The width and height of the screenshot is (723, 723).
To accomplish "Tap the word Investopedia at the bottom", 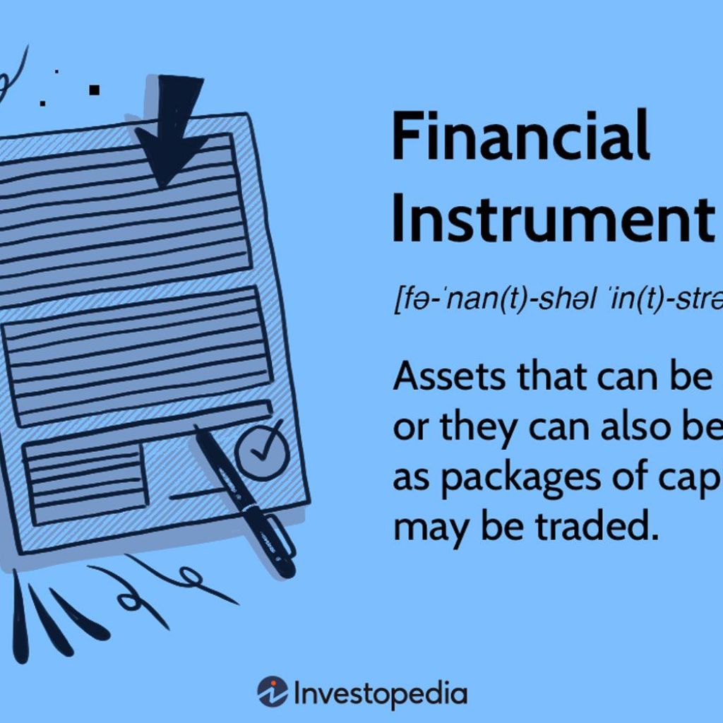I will tap(380, 693).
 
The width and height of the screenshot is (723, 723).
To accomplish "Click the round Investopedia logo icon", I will tap(272, 693).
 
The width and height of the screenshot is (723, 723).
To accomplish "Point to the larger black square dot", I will tap(95, 90).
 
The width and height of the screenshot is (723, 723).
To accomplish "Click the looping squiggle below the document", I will tap(134, 597).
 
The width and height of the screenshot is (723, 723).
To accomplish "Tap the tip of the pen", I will tap(198, 430).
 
